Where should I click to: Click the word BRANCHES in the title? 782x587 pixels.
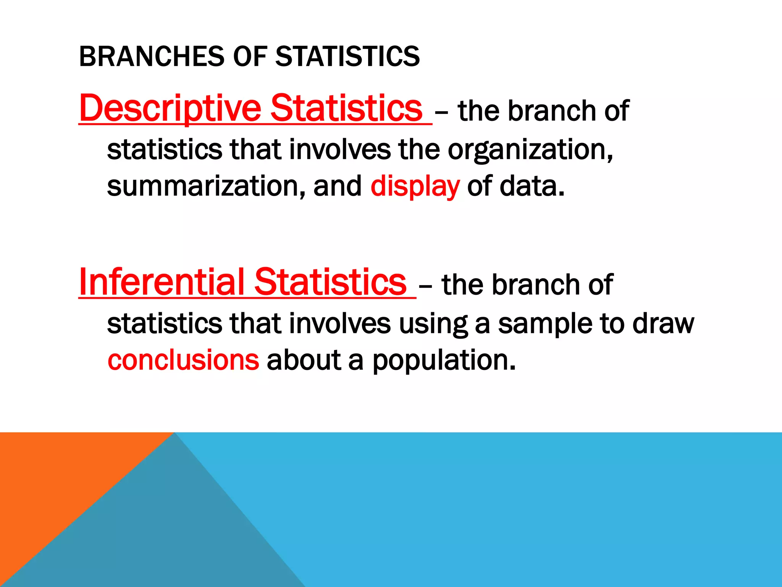point(151,56)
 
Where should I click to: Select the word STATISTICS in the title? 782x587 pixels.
point(347,56)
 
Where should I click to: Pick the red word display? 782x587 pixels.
point(415,186)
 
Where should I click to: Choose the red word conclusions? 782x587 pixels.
point(183,360)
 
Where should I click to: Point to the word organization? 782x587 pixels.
point(530,150)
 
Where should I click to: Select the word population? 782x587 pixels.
point(444,361)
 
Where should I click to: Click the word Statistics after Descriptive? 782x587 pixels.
point(346,109)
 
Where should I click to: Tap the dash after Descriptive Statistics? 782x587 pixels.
point(442,113)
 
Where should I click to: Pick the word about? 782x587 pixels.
point(304,360)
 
